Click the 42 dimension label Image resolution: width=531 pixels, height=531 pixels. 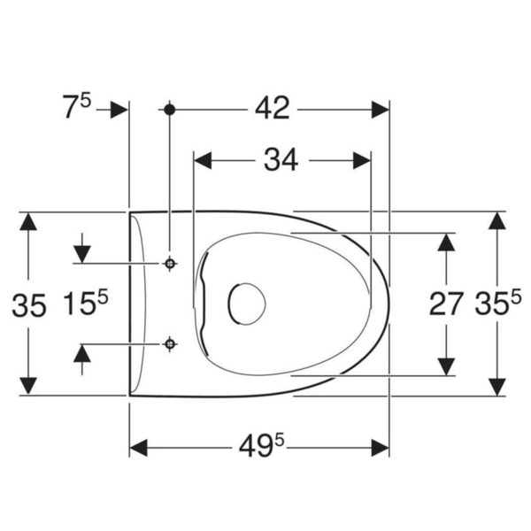point(273,108)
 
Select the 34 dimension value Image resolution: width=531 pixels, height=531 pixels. point(281,160)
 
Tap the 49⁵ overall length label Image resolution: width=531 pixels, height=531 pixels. point(262,445)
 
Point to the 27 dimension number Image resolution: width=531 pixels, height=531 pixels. point(446,304)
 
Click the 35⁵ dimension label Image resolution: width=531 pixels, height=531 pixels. point(497,303)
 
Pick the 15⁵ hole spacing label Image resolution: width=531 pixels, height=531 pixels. point(85,303)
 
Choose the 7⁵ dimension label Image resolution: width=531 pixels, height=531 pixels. point(77,105)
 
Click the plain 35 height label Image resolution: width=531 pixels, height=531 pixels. point(29,305)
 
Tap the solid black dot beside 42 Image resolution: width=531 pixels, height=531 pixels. point(169,110)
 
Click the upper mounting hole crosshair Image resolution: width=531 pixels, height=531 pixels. point(170,263)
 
